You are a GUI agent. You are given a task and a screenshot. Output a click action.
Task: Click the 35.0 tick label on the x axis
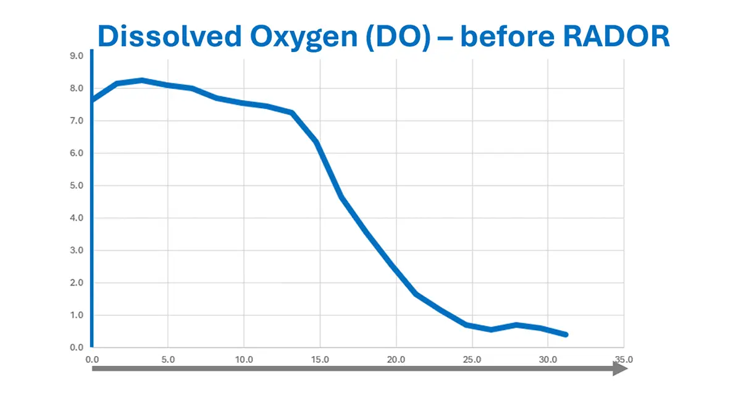(624, 359)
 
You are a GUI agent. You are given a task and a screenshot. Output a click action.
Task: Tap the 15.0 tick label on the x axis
(320, 359)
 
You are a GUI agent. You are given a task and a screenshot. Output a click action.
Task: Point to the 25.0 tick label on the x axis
(472, 359)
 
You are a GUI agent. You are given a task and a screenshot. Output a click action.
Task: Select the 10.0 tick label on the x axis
(244, 359)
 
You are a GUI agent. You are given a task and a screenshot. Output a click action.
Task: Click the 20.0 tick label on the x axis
(396, 359)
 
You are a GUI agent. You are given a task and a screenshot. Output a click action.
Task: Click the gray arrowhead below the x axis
(620, 369)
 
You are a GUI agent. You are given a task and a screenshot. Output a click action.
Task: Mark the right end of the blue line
(565, 334)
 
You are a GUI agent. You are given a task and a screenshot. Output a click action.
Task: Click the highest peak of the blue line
(142, 80)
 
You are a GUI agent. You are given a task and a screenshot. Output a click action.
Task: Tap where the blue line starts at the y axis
(93, 100)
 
